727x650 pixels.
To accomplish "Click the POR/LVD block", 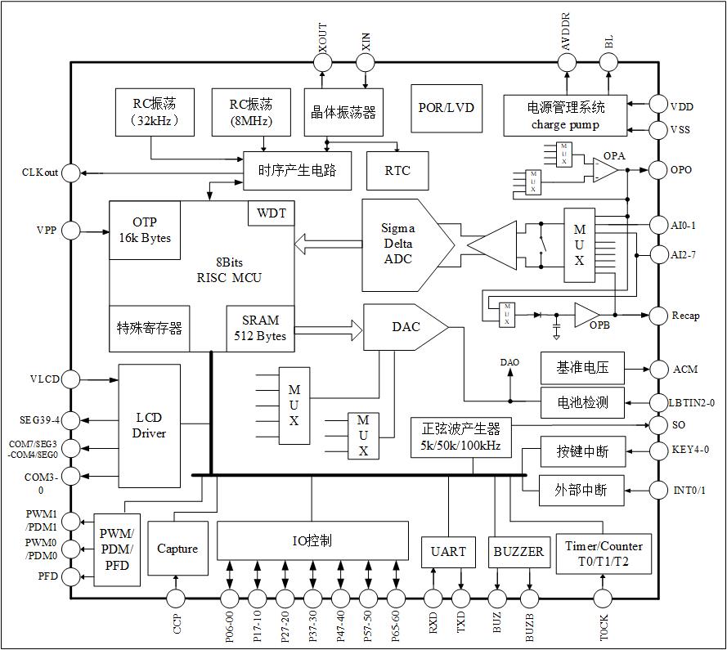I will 446,108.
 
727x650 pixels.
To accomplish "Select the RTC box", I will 397,170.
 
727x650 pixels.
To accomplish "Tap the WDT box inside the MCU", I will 272,213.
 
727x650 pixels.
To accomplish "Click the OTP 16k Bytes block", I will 146,230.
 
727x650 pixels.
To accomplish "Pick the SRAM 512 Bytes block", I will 260,328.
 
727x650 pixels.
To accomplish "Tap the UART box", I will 448,551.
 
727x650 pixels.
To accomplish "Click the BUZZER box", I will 518,551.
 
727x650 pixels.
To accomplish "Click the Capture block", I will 177,549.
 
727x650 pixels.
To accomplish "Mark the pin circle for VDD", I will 658,105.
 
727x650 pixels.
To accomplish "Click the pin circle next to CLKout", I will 71,173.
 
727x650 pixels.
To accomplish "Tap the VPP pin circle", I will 71,231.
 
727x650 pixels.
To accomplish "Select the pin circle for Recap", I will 658,315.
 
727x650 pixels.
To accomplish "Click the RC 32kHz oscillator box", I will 154,113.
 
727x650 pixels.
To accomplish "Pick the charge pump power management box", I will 565,114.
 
